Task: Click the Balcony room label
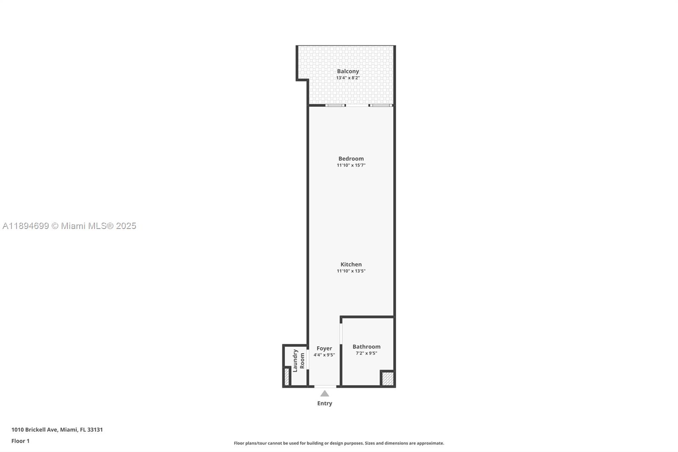(x=348, y=71)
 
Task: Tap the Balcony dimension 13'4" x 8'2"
(x=348, y=78)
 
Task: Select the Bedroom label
(x=351, y=159)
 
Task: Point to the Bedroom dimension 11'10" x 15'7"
(x=351, y=165)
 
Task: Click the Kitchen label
(x=351, y=264)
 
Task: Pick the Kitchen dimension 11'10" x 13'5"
(x=351, y=271)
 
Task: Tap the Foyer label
(x=324, y=349)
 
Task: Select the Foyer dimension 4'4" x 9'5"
(x=324, y=355)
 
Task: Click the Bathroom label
(x=367, y=346)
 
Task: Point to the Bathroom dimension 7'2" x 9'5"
(x=367, y=353)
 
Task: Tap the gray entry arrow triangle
(x=325, y=394)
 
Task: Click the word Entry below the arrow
(x=325, y=403)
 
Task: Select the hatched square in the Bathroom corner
(x=387, y=378)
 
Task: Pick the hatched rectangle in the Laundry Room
(x=287, y=377)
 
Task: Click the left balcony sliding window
(x=335, y=105)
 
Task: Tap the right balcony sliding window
(x=381, y=105)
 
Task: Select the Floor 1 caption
(x=20, y=441)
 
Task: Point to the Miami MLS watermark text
(x=69, y=226)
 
